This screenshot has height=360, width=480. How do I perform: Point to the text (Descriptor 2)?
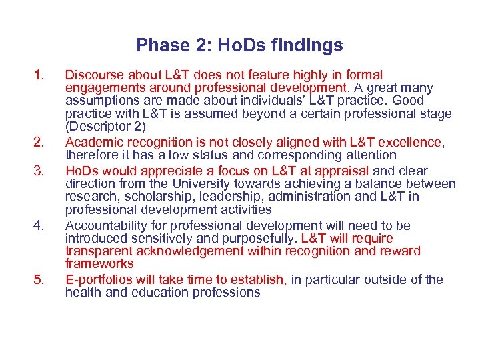point(105,127)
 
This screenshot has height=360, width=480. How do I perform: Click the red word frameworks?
point(99,264)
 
